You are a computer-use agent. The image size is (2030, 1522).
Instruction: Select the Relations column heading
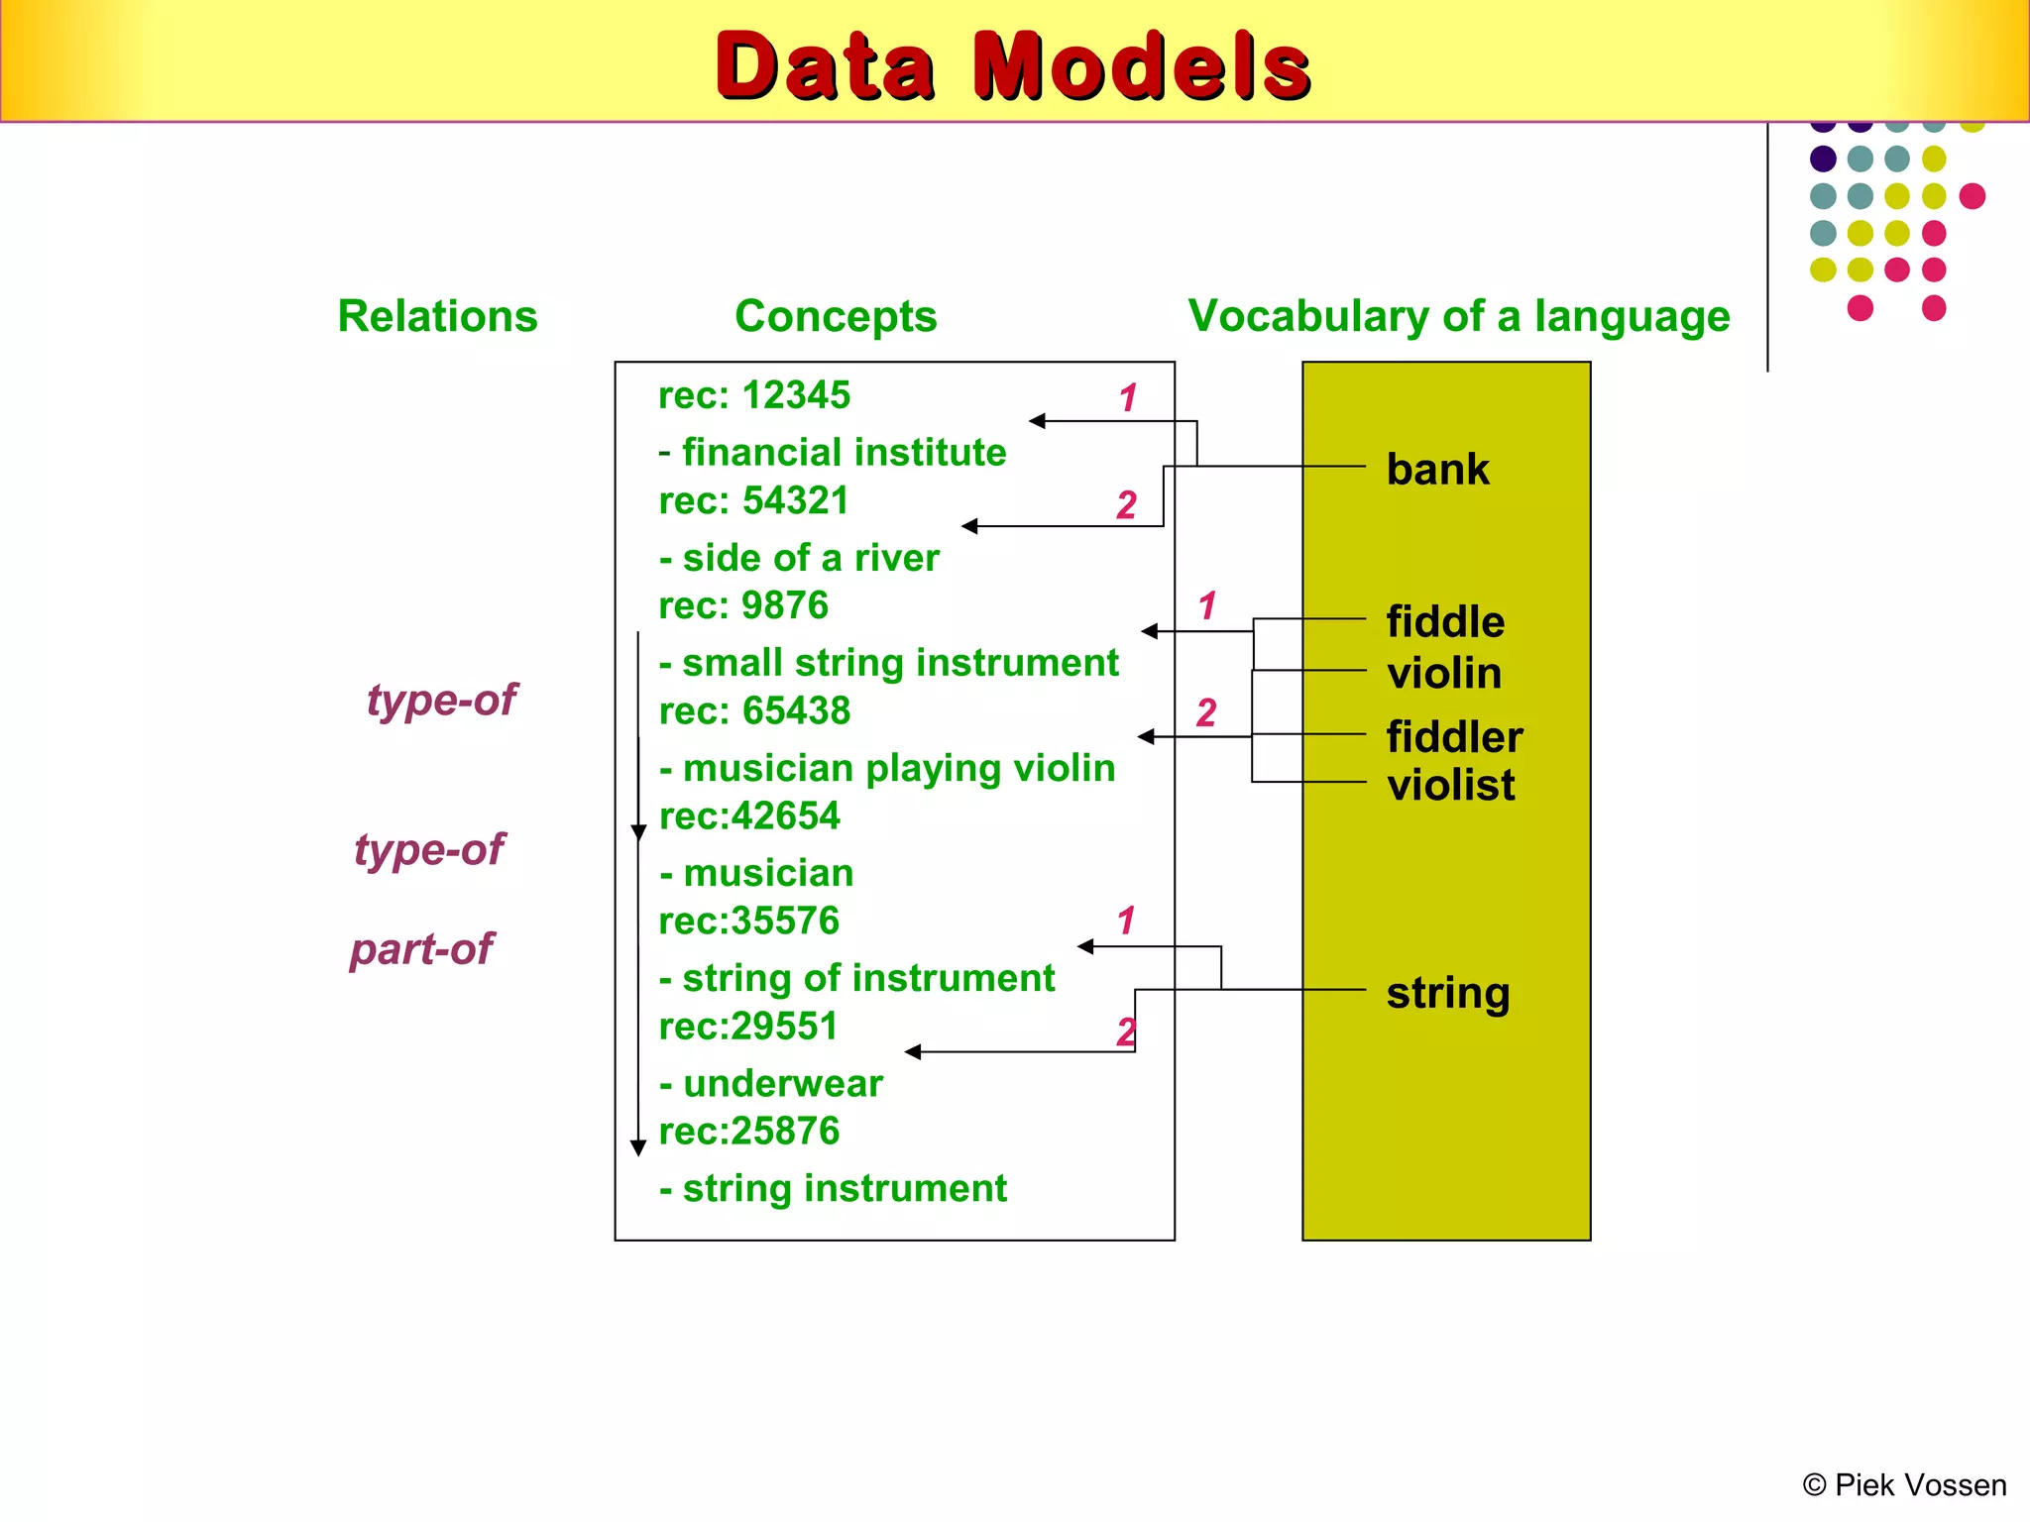[x=437, y=316]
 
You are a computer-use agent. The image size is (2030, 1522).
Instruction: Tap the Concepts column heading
[x=836, y=316]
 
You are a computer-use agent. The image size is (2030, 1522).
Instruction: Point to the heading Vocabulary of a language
[x=1458, y=316]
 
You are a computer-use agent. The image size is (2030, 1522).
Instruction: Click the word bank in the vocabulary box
[x=1437, y=469]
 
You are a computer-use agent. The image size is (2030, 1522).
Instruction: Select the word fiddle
[x=1444, y=622]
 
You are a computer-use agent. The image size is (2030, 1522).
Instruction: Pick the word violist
[x=1450, y=785]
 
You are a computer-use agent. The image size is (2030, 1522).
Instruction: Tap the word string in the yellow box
[x=1447, y=992]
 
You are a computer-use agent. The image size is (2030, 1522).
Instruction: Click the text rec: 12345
[x=754, y=395]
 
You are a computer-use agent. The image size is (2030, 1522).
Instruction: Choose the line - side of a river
[x=799, y=558]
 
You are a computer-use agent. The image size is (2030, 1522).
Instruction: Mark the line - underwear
[x=771, y=1083]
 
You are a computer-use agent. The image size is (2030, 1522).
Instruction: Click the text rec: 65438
[x=754, y=710]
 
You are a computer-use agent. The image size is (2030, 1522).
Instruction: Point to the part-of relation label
[x=421, y=949]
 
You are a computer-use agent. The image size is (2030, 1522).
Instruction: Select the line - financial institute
[x=833, y=452]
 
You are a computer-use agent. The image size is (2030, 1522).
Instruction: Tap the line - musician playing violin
[x=887, y=768]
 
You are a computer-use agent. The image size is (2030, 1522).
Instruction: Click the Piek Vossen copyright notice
[x=1904, y=1485]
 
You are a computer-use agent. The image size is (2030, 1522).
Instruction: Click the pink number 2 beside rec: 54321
[x=1126, y=504]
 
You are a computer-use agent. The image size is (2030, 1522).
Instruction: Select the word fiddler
[x=1453, y=737]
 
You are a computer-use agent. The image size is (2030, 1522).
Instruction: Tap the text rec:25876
[x=749, y=1131]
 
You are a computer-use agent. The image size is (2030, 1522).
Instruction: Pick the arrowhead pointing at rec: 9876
[x=1150, y=631]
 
